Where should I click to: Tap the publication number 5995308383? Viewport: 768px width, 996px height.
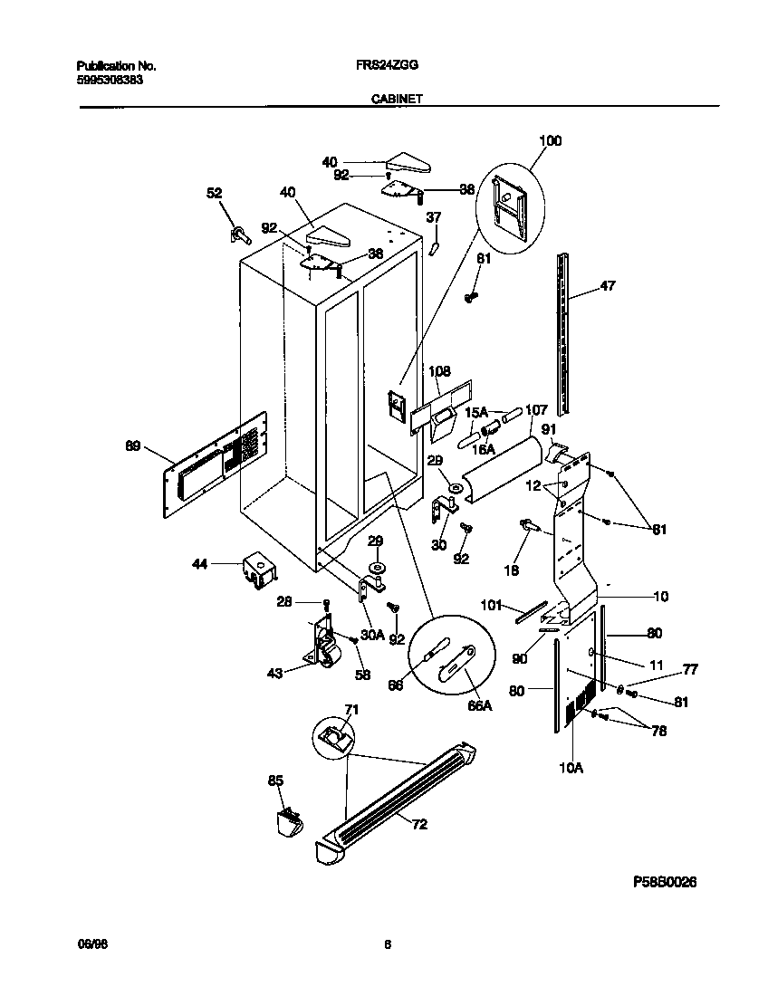[110, 79]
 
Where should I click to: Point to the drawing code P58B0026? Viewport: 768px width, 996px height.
[664, 881]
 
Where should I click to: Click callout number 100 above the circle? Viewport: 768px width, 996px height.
[550, 140]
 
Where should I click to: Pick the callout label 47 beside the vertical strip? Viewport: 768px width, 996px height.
[607, 287]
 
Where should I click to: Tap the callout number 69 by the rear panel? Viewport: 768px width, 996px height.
[132, 445]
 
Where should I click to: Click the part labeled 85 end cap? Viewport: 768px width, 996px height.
[291, 822]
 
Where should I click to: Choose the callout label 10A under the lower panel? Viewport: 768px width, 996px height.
[571, 768]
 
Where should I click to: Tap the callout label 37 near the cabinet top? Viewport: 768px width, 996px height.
[434, 216]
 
